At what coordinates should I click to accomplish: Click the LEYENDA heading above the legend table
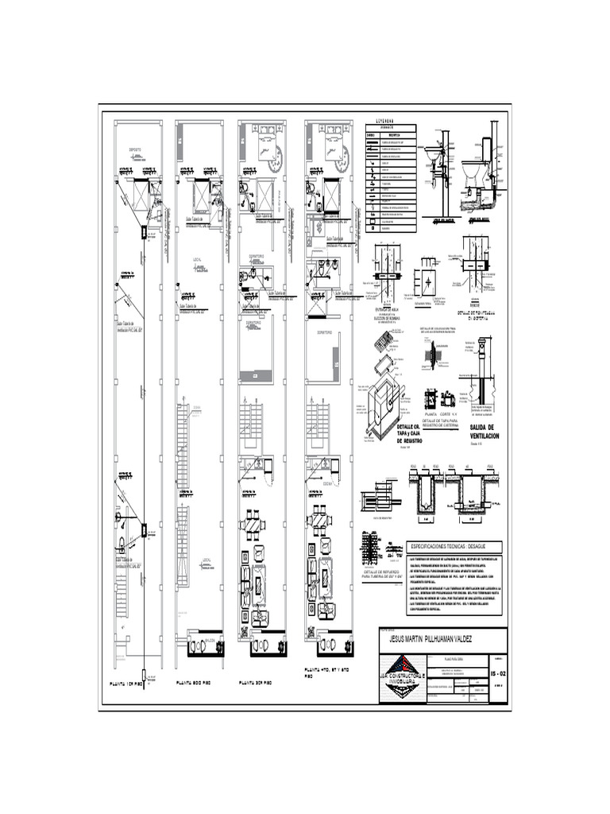click(390, 121)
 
